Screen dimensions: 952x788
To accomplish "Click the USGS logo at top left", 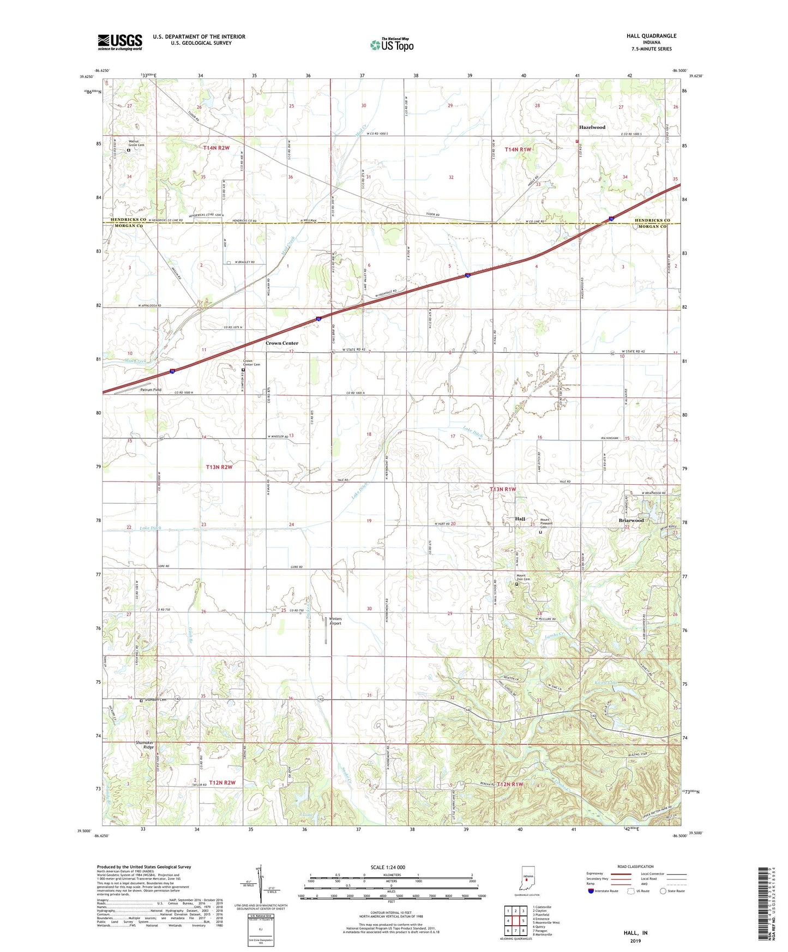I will click(120, 42).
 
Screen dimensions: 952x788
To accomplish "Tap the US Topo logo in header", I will click(392, 45).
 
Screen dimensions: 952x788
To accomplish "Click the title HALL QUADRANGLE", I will click(651, 36).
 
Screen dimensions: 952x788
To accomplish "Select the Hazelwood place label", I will click(592, 127).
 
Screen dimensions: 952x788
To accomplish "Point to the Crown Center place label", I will click(282, 343).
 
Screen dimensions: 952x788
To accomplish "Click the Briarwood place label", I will click(631, 520).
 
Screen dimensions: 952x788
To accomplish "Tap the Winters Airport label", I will click(335, 621).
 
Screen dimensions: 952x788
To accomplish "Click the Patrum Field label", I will click(151, 390).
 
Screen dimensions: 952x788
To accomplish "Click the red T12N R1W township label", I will click(509, 784).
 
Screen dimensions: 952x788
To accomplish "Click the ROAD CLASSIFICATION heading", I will click(635, 866).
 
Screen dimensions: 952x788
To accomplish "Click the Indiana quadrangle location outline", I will click(527, 877).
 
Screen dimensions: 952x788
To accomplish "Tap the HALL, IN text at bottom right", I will click(635, 933).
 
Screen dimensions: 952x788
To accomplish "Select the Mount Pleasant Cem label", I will click(546, 523).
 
